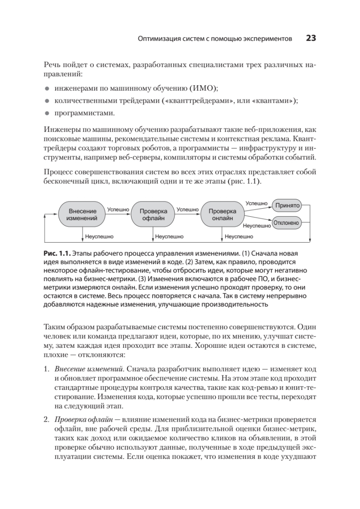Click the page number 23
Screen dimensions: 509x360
tap(311, 39)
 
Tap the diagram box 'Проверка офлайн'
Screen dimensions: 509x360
tap(153, 215)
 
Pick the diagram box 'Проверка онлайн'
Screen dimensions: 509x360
tap(223, 215)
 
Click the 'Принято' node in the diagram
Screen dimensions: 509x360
tap(287, 205)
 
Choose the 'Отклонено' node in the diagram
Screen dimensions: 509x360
tap(286, 223)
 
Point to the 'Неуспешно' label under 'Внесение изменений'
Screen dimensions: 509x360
tap(99, 237)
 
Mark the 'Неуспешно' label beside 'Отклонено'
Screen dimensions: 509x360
tap(257, 226)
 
